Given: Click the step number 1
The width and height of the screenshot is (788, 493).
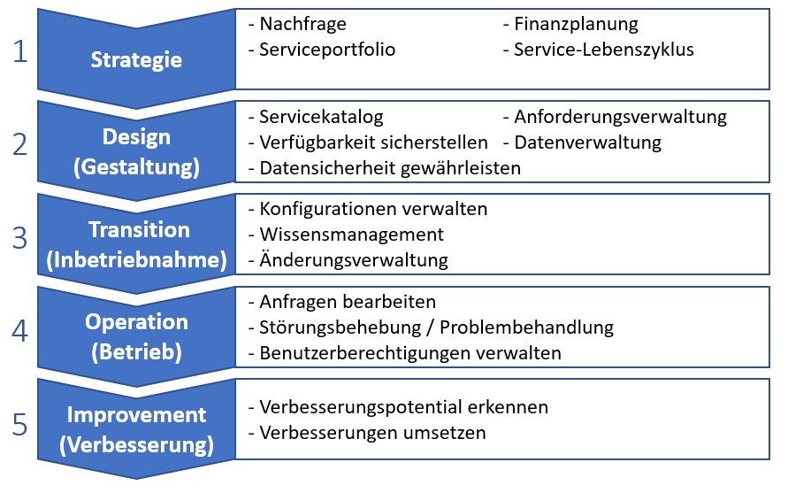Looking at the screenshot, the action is tap(20, 51).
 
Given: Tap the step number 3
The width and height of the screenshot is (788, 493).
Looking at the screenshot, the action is tap(19, 238).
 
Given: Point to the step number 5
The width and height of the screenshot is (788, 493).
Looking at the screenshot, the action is tap(19, 424).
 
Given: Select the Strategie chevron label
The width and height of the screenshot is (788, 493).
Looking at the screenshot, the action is tap(136, 60).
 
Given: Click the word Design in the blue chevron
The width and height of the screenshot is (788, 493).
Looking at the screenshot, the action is tap(136, 137).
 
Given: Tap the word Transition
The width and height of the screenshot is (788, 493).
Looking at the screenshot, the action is tap(139, 230).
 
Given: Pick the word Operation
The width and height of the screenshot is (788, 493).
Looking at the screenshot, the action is tap(136, 322).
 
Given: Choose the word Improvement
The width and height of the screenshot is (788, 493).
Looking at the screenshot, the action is tap(136, 415).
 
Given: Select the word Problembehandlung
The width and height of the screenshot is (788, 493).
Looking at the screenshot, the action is tap(527, 327).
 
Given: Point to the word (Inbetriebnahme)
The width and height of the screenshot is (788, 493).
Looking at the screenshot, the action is tap(136, 260).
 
